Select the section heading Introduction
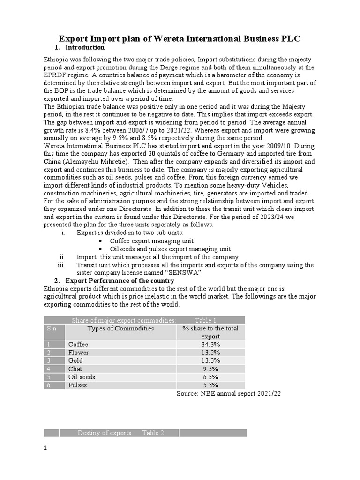click(x=85, y=48)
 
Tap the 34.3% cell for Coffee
click(x=210, y=345)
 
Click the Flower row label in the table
click(x=78, y=352)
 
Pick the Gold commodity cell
click(x=75, y=360)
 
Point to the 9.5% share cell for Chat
click(x=210, y=369)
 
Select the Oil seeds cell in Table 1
click(x=82, y=377)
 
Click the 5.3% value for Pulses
click(x=210, y=385)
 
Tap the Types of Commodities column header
click(x=120, y=329)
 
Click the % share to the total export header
click(x=210, y=332)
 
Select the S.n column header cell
click(x=52, y=329)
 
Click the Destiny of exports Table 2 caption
click(x=120, y=433)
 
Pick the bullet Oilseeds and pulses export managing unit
click(x=170, y=249)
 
